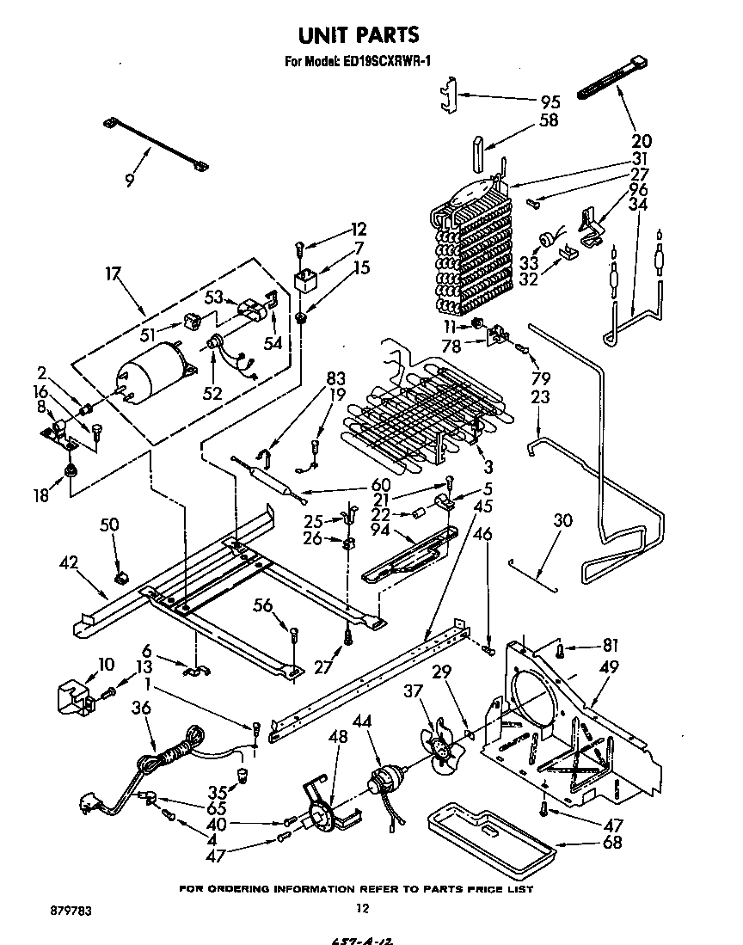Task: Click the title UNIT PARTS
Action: [358, 35]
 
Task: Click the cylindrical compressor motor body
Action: [147, 373]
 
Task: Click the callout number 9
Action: [129, 180]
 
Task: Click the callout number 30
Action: [562, 521]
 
